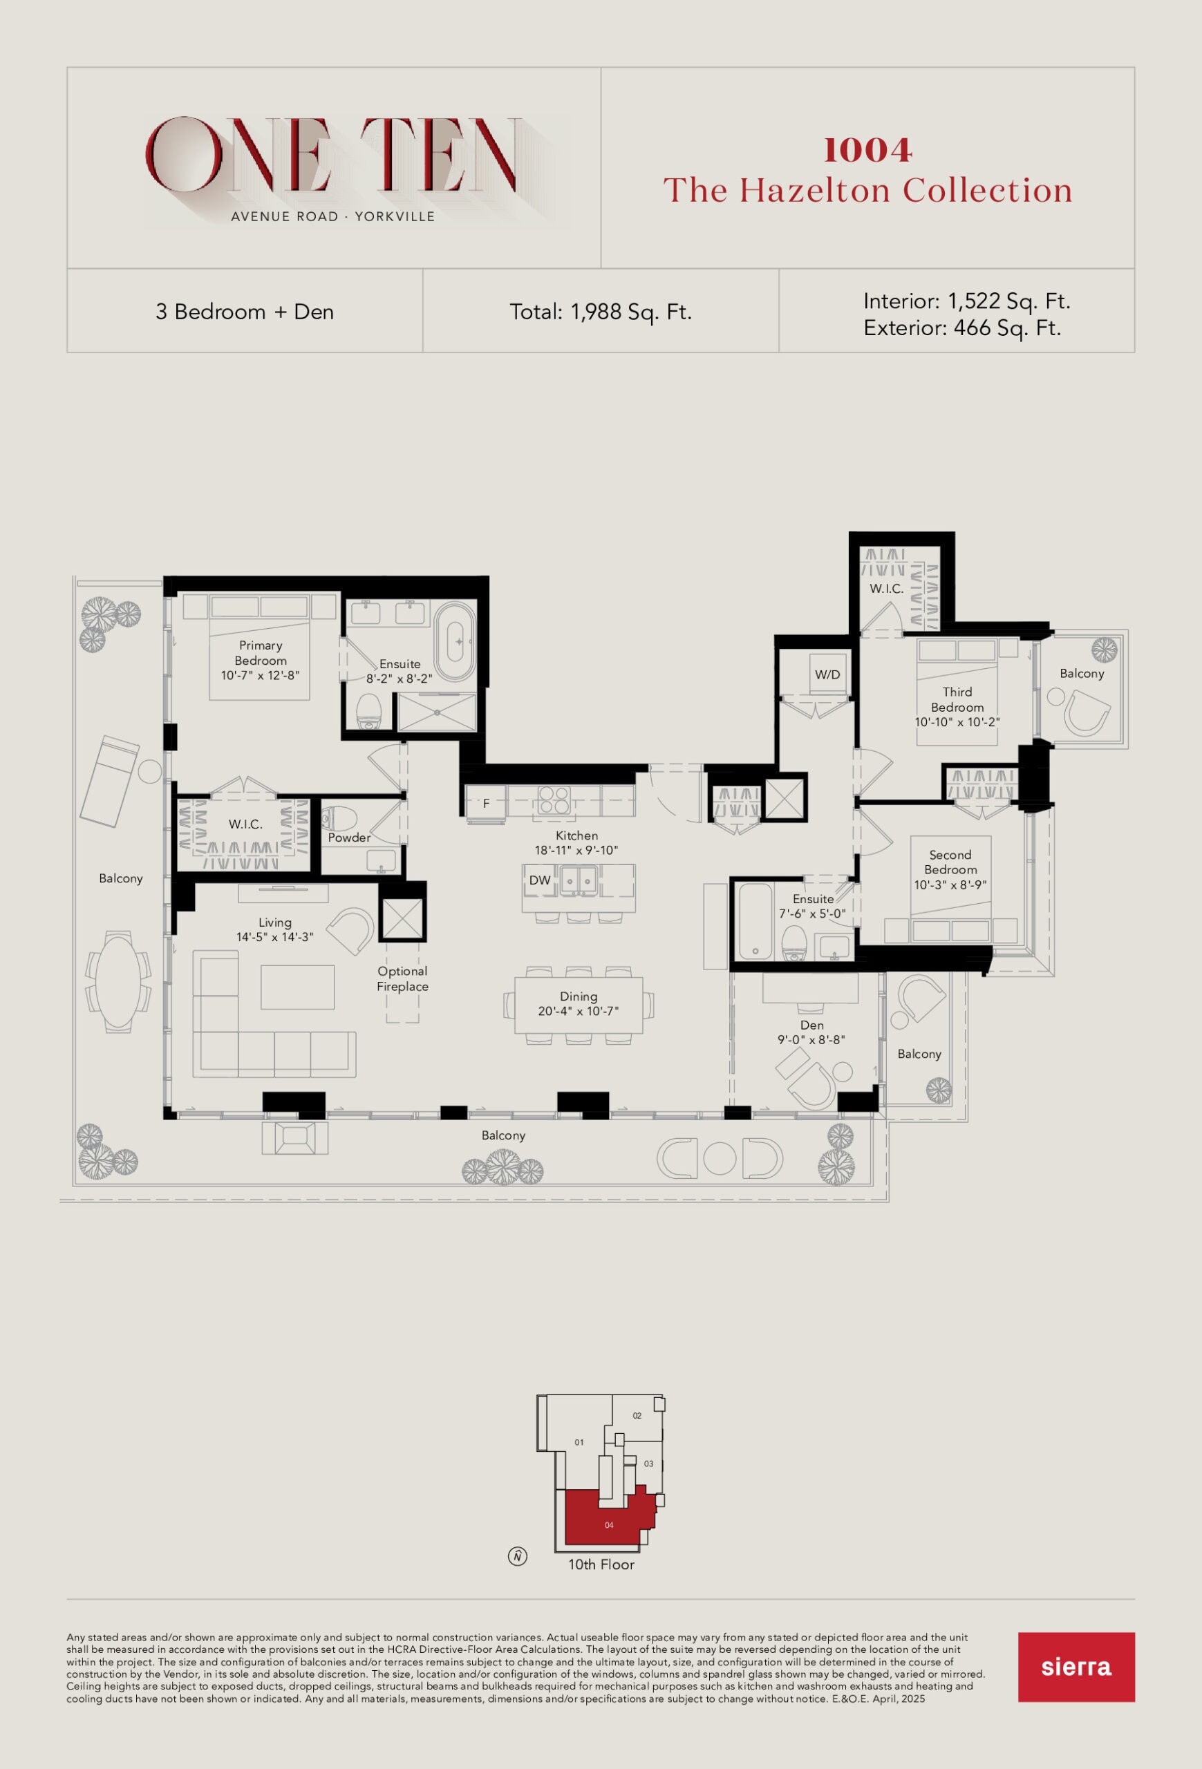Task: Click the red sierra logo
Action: [x=1076, y=1667]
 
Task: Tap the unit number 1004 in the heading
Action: [x=868, y=150]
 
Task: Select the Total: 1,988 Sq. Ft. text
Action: [x=601, y=312]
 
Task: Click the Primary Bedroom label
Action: [x=261, y=653]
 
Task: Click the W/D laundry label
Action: [x=827, y=674]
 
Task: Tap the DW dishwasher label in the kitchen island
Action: [x=540, y=880]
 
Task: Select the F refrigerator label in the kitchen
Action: [x=486, y=803]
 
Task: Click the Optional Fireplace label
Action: [x=403, y=978]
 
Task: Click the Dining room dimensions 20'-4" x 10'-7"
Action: [x=579, y=1011]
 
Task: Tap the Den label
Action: [x=811, y=1025]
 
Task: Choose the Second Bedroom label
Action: [x=950, y=862]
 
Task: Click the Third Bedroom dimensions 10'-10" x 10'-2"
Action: [x=957, y=721]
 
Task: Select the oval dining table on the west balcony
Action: [x=118, y=981]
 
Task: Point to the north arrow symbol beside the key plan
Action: [x=518, y=1557]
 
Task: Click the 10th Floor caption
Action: [x=601, y=1564]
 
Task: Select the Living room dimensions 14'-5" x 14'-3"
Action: [x=274, y=937]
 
